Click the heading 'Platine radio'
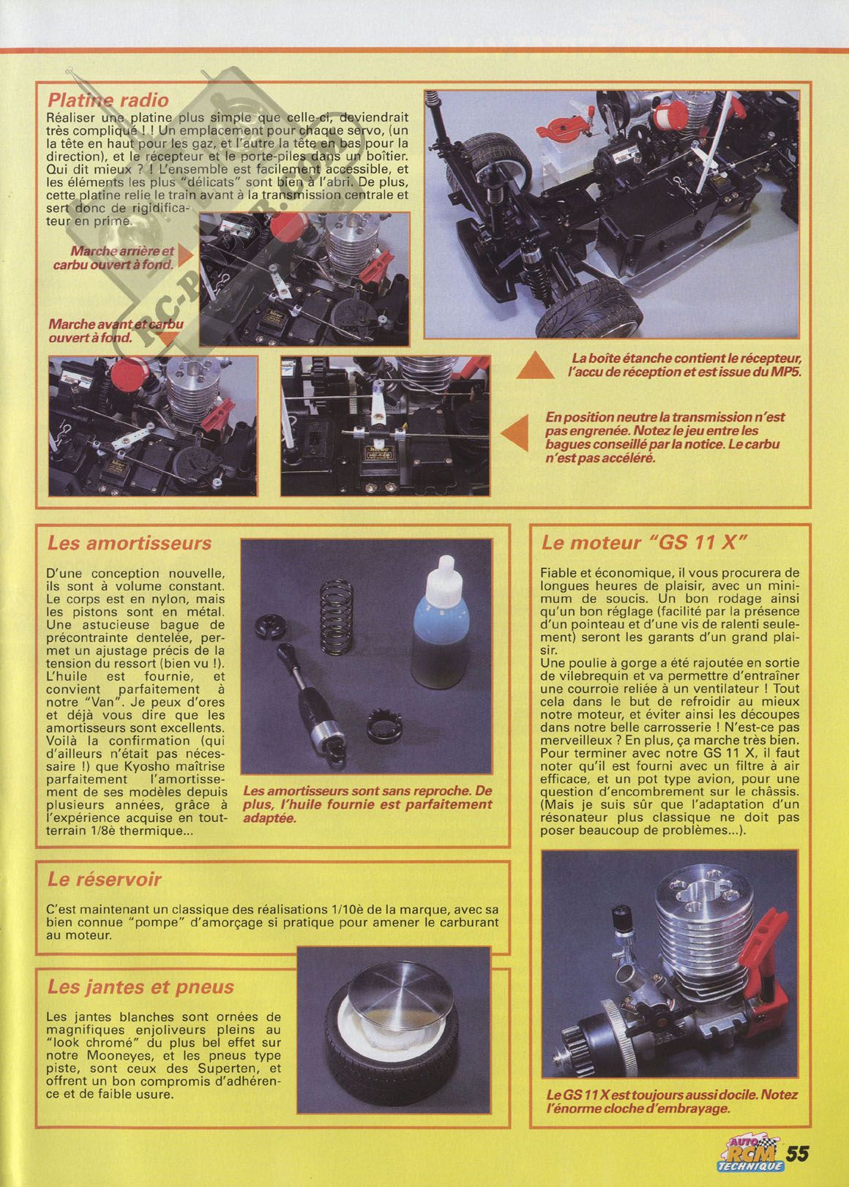click(108, 100)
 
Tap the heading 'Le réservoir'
click(105, 879)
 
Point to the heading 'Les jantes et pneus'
click(141, 986)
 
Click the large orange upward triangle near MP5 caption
click(536, 365)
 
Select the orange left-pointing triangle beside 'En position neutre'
click(515, 433)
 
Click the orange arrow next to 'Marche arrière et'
click(185, 255)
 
